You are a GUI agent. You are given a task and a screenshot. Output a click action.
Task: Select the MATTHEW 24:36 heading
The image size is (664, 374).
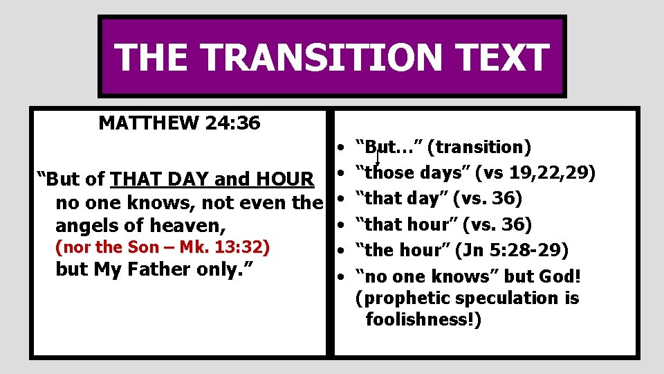[x=180, y=123]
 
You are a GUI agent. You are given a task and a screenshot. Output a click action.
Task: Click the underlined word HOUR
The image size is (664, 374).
[x=284, y=179]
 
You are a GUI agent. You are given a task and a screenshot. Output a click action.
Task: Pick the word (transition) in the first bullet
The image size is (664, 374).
[x=479, y=147]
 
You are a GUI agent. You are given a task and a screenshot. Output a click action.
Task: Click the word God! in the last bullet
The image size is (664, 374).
[x=559, y=276]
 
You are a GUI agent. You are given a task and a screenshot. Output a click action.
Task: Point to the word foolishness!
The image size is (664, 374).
[x=423, y=319]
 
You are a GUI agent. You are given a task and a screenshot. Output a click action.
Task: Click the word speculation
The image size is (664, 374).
[x=499, y=299]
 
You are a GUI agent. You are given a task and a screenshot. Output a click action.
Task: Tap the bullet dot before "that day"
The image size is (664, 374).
[x=342, y=199]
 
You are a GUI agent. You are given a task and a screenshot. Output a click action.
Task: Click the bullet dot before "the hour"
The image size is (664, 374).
[x=342, y=251]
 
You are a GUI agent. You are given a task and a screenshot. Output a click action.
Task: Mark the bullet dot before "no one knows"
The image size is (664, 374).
[x=342, y=277]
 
